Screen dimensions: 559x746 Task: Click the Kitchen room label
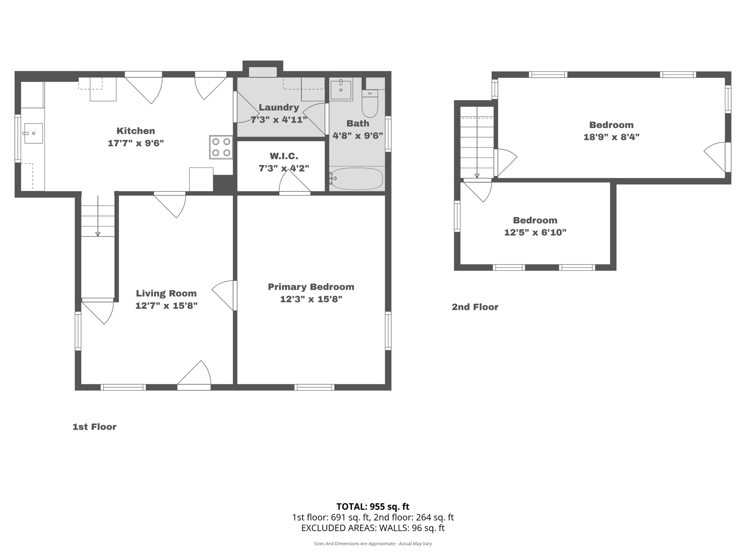click(136, 131)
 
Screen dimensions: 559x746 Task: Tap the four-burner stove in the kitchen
click(221, 147)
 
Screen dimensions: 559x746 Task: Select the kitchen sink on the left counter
click(33, 133)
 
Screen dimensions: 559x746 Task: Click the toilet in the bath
click(370, 105)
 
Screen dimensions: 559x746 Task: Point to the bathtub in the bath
click(357, 179)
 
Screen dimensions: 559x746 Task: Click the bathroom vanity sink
click(341, 90)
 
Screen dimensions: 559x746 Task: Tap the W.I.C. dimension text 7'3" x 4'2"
click(284, 169)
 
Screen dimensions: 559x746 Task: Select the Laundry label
click(279, 107)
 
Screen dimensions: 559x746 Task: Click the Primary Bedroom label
click(311, 287)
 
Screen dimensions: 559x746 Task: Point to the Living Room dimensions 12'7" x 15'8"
click(166, 306)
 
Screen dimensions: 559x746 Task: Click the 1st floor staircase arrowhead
click(98, 234)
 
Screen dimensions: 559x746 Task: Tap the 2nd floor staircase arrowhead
click(477, 176)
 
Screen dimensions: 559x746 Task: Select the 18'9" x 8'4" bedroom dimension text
click(611, 137)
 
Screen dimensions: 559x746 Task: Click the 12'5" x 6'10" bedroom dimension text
click(535, 233)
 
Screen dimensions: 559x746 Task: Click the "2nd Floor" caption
click(475, 307)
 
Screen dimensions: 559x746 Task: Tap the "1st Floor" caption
click(94, 427)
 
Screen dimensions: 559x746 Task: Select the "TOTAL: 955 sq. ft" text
click(373, 507)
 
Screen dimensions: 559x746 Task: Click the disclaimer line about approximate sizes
click(373, 544)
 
